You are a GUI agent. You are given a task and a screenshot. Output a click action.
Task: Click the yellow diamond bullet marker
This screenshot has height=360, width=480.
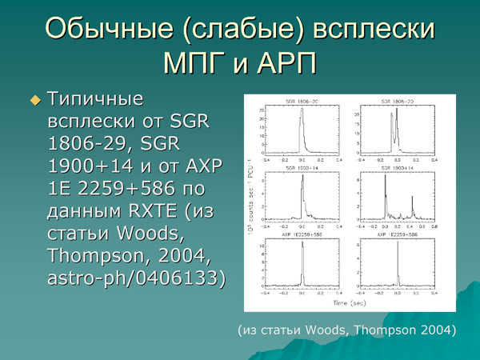34,100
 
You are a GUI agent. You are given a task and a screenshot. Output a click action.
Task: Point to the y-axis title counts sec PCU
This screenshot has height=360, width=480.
252,199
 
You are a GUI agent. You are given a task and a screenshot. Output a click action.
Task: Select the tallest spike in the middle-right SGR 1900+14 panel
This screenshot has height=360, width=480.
386,180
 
